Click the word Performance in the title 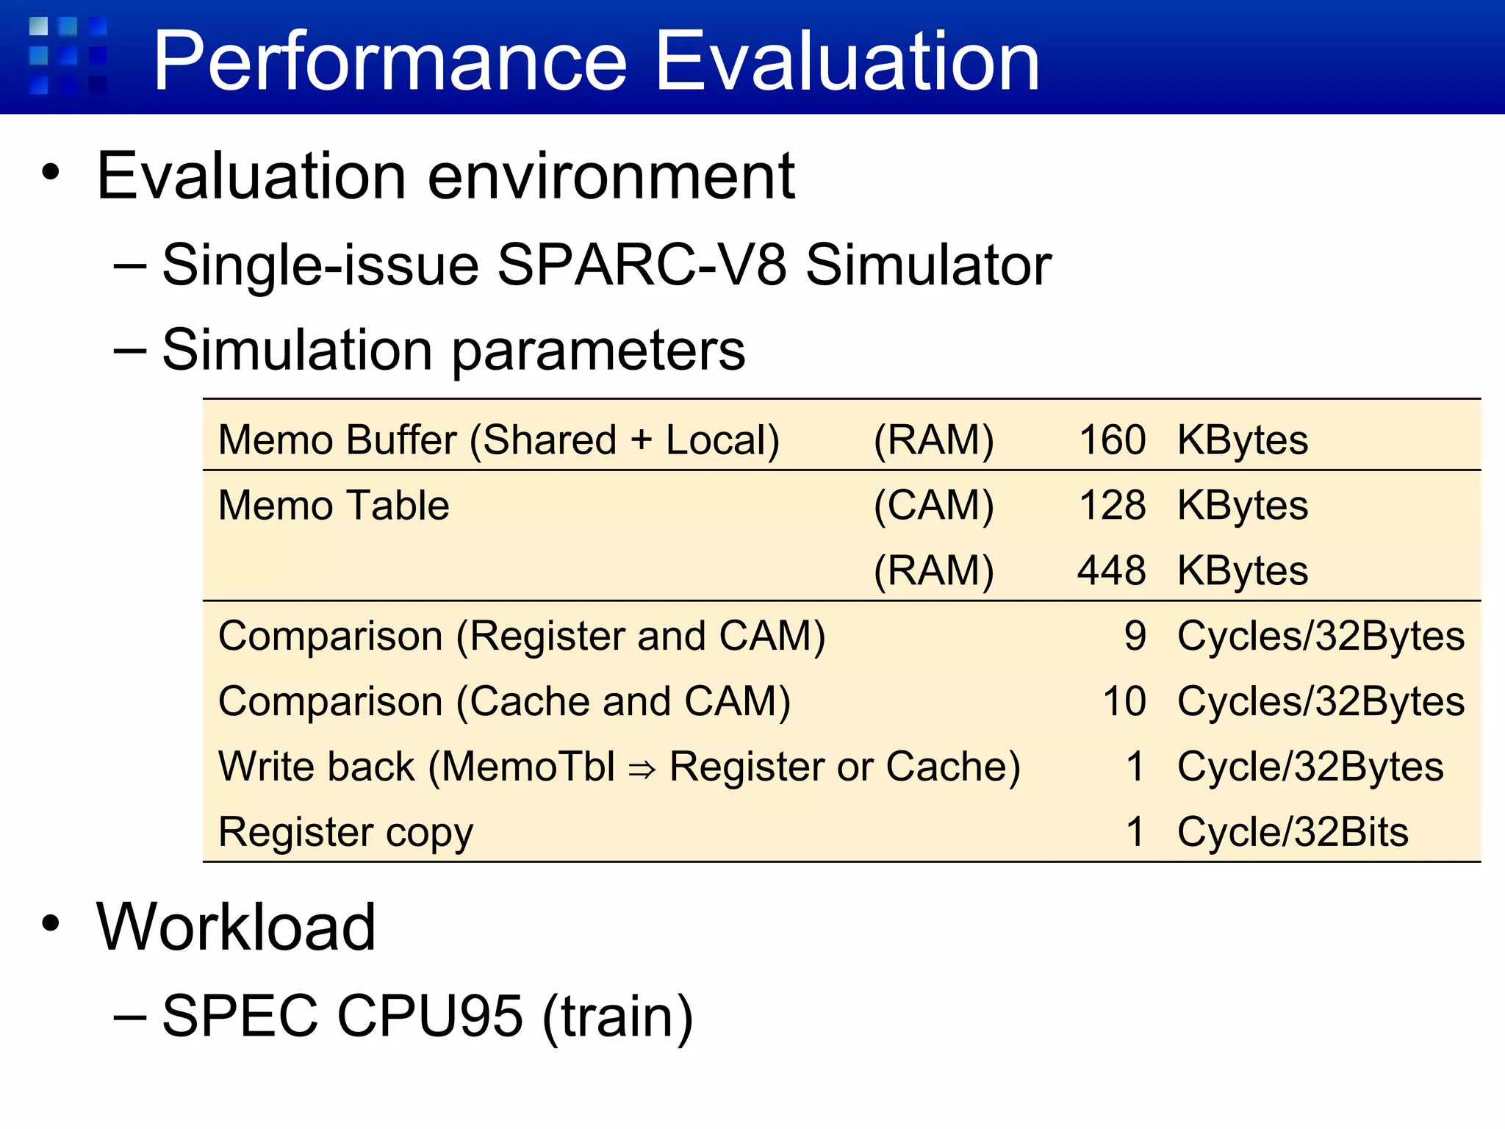390,62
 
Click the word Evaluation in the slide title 847,62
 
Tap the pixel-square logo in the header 68,56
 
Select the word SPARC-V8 642,265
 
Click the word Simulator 928,265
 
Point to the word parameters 598,351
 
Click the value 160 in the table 1112,440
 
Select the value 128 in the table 1112,506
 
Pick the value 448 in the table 1112,571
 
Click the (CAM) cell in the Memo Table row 933,506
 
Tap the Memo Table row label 334,506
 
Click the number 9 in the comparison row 1135,637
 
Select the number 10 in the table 1124,702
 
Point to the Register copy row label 345,833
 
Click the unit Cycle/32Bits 1292,833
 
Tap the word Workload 236,928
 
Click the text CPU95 430,1017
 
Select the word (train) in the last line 617,1017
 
